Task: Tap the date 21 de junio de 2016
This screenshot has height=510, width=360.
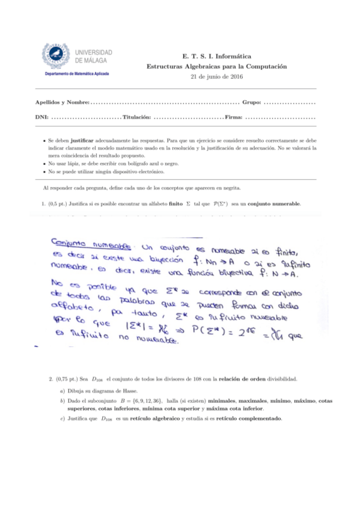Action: [x=216, y=77]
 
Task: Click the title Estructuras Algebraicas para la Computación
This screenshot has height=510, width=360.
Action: [x=216, y=66]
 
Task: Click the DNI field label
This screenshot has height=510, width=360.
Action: [x=43, y=116]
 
